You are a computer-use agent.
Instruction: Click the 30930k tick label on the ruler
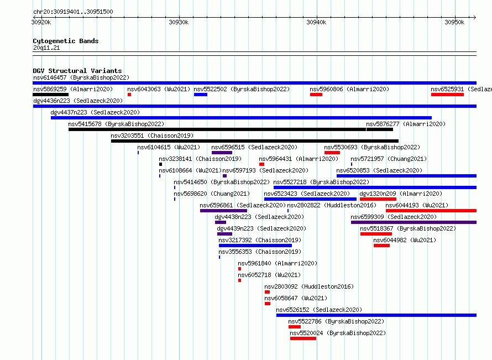[x=179, y=22]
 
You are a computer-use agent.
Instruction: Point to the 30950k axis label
[x=454, y=22]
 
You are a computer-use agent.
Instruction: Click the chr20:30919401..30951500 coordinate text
[x=73, y=12]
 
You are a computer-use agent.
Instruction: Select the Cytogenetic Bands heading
[x=66, y=41]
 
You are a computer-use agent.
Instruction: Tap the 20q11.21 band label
[x=46, y=48]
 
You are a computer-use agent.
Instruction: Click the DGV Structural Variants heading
[x=77, y=71]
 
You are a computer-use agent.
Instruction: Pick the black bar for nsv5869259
[x=50, y=95]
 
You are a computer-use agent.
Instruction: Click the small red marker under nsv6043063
[x=129, y=95]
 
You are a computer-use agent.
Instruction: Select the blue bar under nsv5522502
[x=201, y=95]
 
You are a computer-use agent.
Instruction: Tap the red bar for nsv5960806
[x=316, y=95]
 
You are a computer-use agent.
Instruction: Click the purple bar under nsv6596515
[x=222, y=153]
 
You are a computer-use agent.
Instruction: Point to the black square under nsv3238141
[x=161, y=164]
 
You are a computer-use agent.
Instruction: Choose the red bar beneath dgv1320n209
[x=378, y=199]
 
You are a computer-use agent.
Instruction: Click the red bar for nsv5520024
[x=303, y=338]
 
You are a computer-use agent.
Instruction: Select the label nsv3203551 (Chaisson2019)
[x=152, y=135]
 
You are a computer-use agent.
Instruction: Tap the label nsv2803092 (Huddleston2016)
[x=309, y=286]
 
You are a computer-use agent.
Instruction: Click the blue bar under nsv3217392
[x=255, y=246]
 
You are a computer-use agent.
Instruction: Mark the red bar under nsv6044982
[x=381, y=246]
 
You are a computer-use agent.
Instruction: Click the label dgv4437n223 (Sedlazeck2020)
[x=95, y=112]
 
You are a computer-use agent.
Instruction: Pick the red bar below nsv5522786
[x=295, y=327]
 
